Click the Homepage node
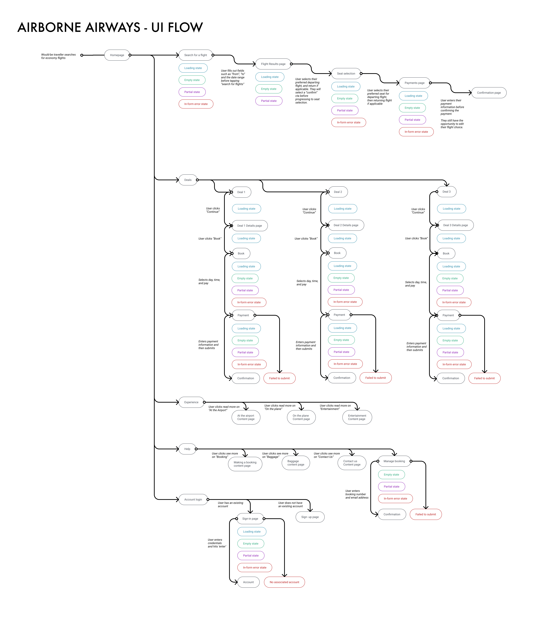pyautogui.click(x=117, y=55)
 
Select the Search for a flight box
pyautogui.click(x=196, y=55)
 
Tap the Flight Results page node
pyautogui.click(x=273, y=64)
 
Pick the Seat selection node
pyautogui.click(x=346, y=74)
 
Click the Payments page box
pyautogui.click(x=414, y=83)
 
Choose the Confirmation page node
pyautogui.click(x=489, y=93)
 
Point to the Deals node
pyautogui.click(x=188, y=180)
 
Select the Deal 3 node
pyautogui.click(x=446, y=192)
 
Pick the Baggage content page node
pyautogui.click(x=296, y=463)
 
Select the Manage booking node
pyautogui.click(x=394, y=461)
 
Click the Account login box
pyautogui.click(x=193, y=500)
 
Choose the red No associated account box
pyautogui.click(x=284, y=582)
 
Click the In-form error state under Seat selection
pyautogui.click(x=349, y=123)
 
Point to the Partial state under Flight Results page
pyautogui.click(x=269, y=101)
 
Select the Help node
pyautogui.click(x=187, y=449)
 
